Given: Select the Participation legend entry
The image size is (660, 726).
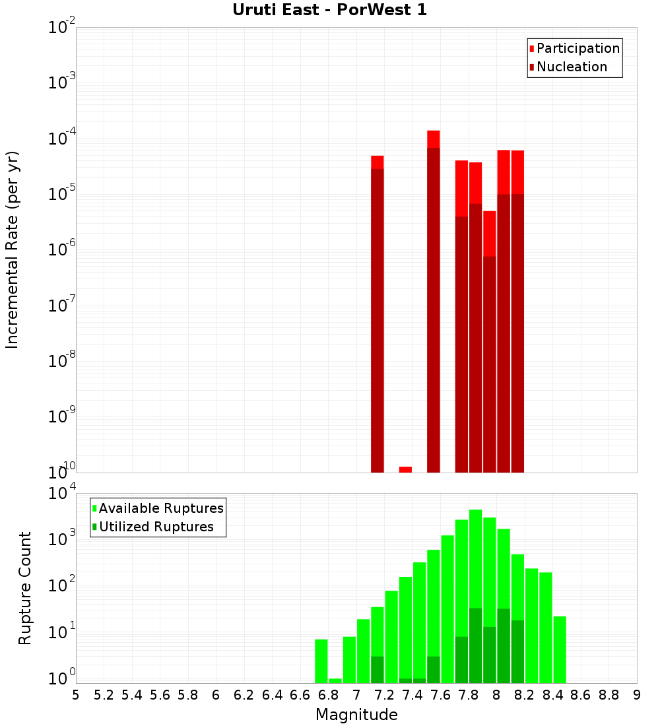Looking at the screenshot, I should tap(577, 48).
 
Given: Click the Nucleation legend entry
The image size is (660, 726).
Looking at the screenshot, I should tap(571, 67).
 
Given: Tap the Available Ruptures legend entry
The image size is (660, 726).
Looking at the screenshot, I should tap(160, 508).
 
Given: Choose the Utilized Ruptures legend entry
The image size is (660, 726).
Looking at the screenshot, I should tap(156, 527).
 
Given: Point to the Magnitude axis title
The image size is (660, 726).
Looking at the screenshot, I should tap(356, 715).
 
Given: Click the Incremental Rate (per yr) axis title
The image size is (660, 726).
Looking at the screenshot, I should tap(13, 249).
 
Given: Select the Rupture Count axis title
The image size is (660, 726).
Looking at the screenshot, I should tap(25, 587).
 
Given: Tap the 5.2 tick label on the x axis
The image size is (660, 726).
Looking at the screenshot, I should tap(104, 695).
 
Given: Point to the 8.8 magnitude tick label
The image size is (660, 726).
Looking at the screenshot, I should tap(609, 695).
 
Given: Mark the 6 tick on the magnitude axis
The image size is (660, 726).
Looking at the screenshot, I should tap(216, 695).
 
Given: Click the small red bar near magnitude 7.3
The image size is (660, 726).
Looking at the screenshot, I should tap(405, 469).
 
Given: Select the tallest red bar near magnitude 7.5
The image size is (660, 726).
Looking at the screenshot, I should tap(434, 297).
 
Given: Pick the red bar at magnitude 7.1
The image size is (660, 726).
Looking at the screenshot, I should tap(378, 317).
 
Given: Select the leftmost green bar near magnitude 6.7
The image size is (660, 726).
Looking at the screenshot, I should tap(321, 661).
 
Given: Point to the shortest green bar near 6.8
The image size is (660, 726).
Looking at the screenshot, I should tap(335, 680).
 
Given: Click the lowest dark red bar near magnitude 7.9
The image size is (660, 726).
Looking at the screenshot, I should tap(490, 363).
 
